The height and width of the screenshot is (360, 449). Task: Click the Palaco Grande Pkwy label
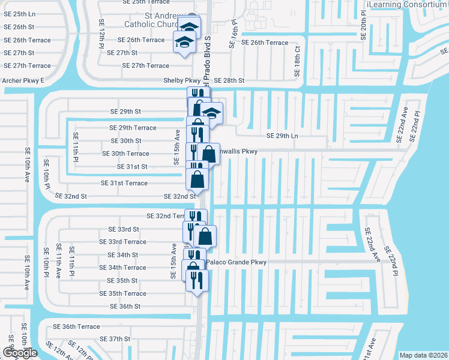pyautogui.click(x=236, y=262)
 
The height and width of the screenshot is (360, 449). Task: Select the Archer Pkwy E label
pyautogui.click(x=23, y=80)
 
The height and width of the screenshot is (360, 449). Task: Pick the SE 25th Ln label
pyautogui.click(x=19, y=14)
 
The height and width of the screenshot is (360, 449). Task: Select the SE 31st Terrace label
pyautogui.click(x=124, y=183)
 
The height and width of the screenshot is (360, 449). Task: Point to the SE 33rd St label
pyautogui.click(x=124, y=229)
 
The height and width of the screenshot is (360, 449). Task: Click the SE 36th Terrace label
pyautogui.click(x=76, y=326)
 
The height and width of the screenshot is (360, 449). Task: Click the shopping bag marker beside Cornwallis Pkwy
pyautogui.click(x=208, y=153)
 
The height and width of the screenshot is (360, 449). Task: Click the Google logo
pyautogui.click(x=20, y=353)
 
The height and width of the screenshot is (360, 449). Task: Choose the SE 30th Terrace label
pyautogui.click(x=122, y=154)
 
